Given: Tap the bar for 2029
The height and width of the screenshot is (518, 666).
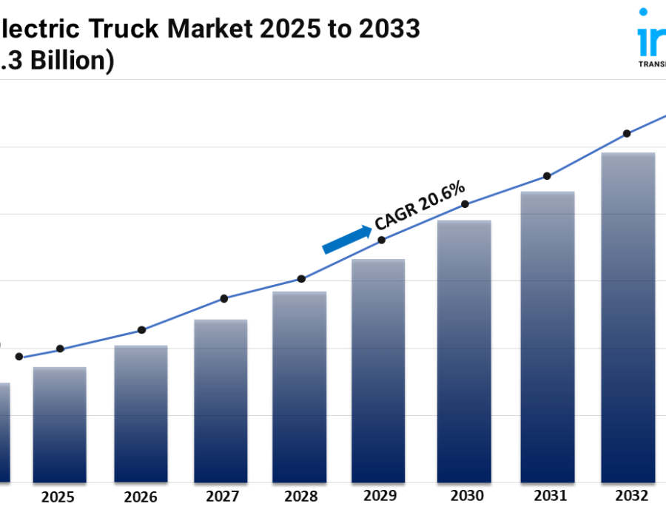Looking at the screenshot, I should [x=378, y=370].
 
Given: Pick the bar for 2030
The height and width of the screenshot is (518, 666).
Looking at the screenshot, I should [x=464, y=351].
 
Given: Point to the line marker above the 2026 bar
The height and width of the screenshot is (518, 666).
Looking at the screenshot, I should [x=142, y=330].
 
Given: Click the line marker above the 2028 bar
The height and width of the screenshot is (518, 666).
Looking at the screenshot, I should [x=301, y=279].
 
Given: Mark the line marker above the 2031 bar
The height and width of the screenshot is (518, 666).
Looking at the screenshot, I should [x=547, y=176].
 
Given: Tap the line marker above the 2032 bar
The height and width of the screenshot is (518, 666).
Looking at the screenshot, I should [x=627, y=134].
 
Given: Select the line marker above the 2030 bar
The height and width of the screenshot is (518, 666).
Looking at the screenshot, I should [x=465, y=203].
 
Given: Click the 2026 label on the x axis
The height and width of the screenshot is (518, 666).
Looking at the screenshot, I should [x=141, y=497].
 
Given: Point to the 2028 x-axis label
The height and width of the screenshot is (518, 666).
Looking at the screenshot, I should [x=300, y=497].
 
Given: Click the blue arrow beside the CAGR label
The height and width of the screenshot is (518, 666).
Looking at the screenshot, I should [x=347, y=240].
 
